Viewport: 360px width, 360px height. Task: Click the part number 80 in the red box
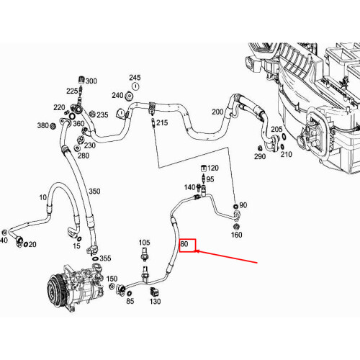186,244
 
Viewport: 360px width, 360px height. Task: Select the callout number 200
217,112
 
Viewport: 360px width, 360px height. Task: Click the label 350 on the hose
95,192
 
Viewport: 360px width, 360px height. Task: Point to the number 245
135,78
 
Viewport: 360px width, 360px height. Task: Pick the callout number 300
91,81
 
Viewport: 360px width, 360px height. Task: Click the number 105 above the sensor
144,243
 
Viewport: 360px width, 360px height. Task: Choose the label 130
155,302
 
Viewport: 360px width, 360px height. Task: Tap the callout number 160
236,235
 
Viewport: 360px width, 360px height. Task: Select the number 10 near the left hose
42,197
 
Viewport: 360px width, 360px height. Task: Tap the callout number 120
212,168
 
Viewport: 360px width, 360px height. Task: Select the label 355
104,258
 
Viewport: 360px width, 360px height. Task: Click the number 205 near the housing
256,130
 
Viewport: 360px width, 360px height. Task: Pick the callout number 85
130,301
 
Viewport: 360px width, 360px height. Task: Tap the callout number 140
189,187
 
